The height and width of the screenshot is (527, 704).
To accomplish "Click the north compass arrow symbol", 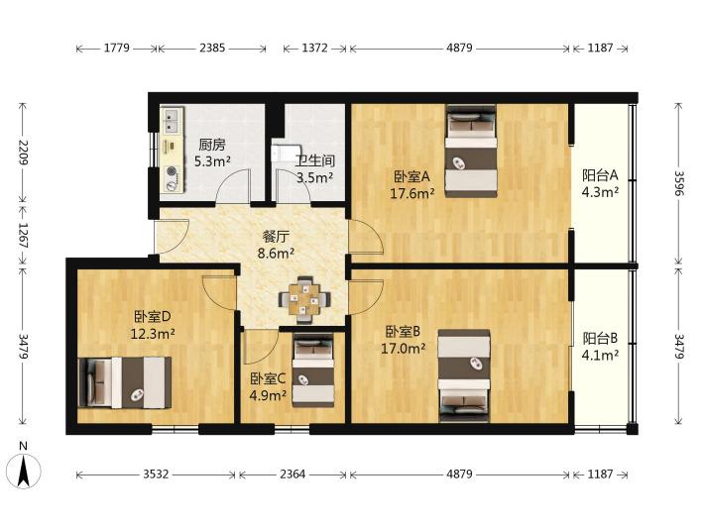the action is (x=24, y=471).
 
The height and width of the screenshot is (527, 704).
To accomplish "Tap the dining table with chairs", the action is (x=304, y=300).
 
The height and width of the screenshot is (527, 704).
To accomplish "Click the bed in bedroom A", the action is (x=471, y=152).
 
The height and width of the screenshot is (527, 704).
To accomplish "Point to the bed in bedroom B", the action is (x=464, y=375).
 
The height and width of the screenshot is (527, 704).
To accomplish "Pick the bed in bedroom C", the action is (x=313, y=370).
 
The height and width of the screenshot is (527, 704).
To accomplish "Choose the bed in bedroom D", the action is (x=124, y=382).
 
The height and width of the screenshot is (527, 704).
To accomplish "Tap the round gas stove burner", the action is (x=172, y=171).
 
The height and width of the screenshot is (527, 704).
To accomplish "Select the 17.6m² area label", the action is (x=412, y=194).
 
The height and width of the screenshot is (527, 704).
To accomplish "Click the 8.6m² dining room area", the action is (x=276, y=254).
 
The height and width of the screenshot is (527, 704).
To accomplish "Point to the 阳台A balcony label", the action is (x=600, y=174).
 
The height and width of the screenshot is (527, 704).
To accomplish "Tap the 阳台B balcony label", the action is (x=600, y=338).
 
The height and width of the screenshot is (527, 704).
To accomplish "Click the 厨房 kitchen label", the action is (x=212, y=145).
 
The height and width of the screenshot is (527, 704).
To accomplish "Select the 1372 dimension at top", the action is (x=314, y=48).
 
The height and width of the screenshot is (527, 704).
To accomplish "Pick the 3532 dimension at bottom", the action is (x=156, y=474).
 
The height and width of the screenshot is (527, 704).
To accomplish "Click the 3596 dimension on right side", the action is (x=679, y=183).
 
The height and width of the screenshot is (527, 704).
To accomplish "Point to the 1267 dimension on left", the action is (x=23, y=235).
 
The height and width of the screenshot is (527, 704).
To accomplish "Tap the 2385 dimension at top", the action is (x=212, y=48).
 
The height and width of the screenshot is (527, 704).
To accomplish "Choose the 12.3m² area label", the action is (x=153, y=334).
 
